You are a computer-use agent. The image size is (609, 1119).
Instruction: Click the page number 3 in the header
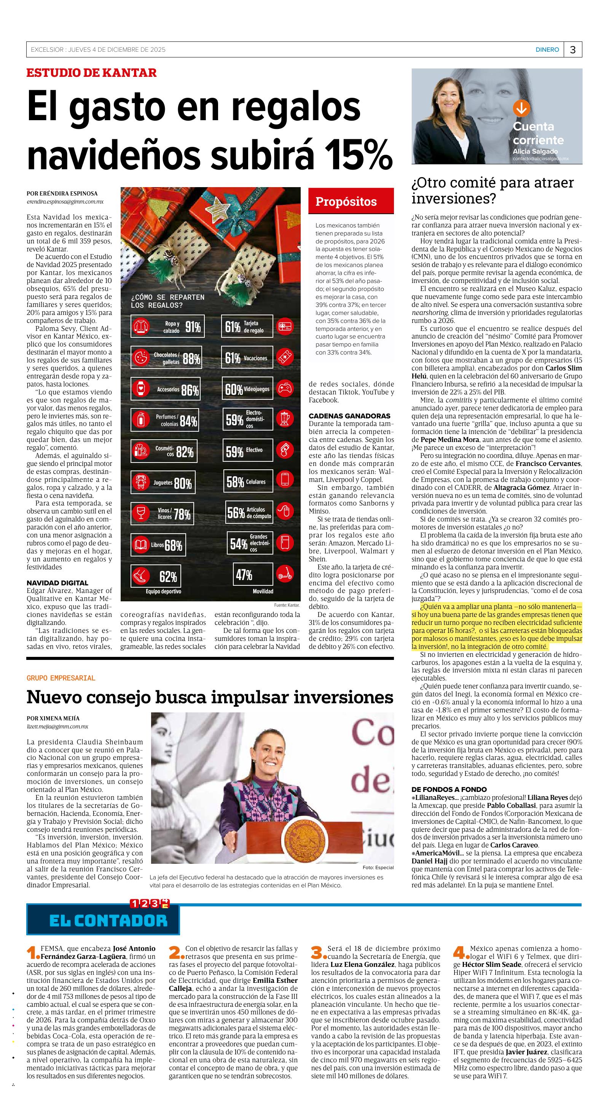pos(572,50)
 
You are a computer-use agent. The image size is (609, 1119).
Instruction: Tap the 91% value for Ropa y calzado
pos(193,327)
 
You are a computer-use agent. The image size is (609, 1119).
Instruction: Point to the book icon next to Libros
pos(140,545)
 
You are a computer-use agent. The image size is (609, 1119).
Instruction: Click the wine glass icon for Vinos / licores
pos(140,513)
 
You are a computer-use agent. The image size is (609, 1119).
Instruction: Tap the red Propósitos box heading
pos(346,202)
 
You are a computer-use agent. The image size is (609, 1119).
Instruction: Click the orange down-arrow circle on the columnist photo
pos(521,108)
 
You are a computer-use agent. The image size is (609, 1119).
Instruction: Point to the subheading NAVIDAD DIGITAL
pos(57,583)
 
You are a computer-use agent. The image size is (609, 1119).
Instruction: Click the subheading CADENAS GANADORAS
pos(349,416)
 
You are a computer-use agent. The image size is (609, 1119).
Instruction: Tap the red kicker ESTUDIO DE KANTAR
pos(91,73)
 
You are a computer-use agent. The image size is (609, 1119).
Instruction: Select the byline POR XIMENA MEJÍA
pos(53,718)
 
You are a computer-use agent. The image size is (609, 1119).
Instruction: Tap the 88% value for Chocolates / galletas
pos(191,359)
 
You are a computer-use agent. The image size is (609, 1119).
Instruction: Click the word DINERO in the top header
pos(547,50)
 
